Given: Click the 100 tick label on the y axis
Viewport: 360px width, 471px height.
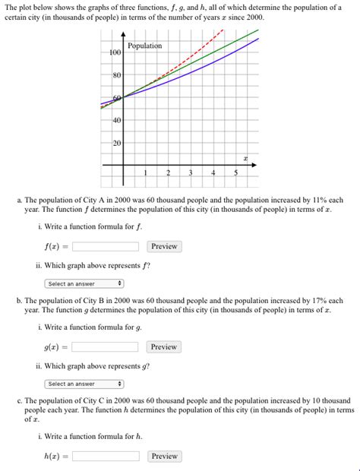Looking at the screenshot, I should coord(115,52).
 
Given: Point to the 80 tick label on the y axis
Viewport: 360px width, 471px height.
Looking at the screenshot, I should coord(117,75).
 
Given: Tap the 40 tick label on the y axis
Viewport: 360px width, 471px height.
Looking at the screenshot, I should coord(117,121).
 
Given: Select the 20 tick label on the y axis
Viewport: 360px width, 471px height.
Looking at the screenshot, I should coord(117,143).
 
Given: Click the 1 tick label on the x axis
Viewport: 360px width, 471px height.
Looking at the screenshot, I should coord(145,173).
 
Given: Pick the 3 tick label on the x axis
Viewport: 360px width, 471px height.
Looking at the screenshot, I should coord(191,173).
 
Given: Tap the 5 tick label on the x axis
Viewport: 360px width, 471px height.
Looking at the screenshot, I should coord(235,173).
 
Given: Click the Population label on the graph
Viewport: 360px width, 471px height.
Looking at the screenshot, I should coord(144,46).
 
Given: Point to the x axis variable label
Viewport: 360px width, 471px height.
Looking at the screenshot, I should coord(245,158).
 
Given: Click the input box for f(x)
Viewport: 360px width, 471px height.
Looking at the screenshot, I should coord(106,247).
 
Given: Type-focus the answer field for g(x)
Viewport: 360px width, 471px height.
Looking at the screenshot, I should coord(106,347).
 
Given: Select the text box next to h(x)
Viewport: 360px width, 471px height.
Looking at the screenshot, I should coord(106,457).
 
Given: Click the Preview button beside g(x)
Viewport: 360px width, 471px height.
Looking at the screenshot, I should coord(163,347).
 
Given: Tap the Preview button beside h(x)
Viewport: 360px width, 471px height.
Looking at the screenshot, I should coord(163,457).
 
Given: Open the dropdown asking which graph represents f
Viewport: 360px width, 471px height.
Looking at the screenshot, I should coord(84,283).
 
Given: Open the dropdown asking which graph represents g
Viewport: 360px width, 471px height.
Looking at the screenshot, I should coord(84,384).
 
